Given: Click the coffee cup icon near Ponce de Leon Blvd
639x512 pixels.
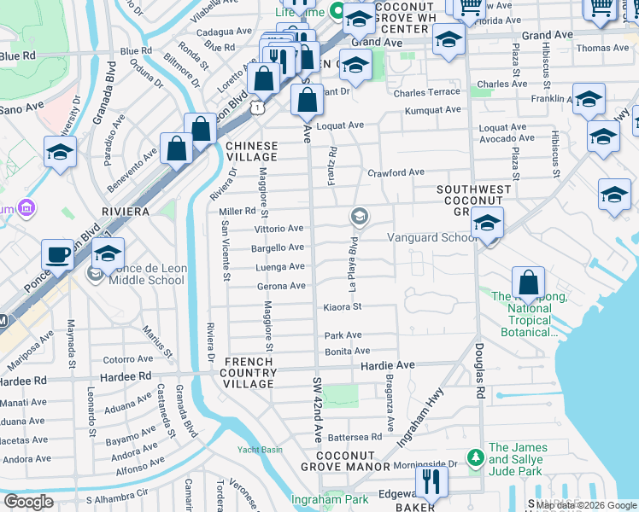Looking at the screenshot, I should click(x=58, y=254).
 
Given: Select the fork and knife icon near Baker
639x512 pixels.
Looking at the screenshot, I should click(x=432, y=481).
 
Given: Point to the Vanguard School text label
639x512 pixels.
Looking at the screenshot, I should click(x=432, y=238).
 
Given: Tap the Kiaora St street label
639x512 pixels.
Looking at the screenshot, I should click(x=343, y=306).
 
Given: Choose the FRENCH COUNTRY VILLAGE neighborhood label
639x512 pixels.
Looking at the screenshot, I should click(x=249, y=373).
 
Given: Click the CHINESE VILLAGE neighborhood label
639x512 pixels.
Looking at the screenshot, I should click(x=251, y=151).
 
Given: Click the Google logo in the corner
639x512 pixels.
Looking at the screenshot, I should click(x=29, y=501).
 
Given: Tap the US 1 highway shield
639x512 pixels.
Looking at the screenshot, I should click(x=255, y=107).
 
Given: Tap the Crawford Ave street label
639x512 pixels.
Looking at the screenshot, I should click(x=396, y=172).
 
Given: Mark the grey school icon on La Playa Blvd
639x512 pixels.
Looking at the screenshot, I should click(x=360, y=217).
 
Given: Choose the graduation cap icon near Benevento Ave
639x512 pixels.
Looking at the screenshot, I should click(x=61, y=153).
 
